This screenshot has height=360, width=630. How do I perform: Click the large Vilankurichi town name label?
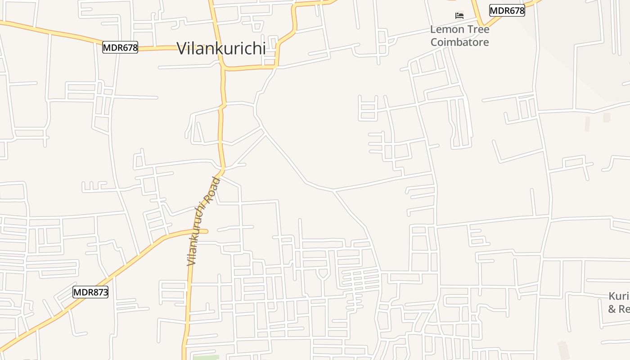click(x=221, y=48)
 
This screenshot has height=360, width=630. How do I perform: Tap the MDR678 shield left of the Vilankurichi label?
click(x=120, y=47)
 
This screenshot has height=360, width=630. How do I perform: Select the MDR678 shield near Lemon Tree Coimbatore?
click(x=507, y=10)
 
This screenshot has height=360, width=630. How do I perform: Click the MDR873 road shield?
click(x=90, y=292)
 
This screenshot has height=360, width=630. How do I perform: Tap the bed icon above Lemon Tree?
click(x=459, y=16)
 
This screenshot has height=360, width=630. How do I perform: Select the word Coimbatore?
click(x=459, y=42)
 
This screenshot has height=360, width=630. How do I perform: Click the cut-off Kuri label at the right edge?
click(x=619, y=297)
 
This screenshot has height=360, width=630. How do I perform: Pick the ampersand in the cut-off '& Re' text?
click(x=612, y=309)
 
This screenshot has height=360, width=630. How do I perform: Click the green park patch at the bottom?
click(x=206, y=357)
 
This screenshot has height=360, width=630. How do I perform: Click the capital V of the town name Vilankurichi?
click(x=182, y=48)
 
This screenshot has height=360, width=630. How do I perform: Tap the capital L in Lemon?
click(x=433, y=30)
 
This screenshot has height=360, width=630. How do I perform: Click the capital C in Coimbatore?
click(x=434, y=42)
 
